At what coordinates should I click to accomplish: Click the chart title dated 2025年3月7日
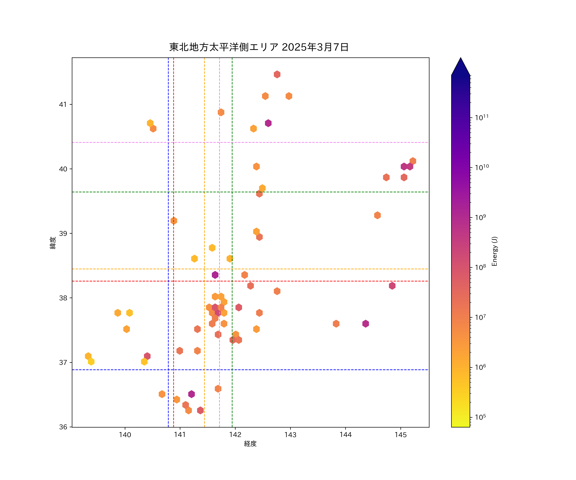[x=259, y=47]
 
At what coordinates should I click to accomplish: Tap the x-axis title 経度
[x=250, y=444]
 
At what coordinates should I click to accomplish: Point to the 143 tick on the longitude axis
[x=290, y=435]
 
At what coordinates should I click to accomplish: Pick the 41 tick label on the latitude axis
[x=63, y=104]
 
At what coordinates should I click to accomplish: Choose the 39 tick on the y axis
[x=63, y=233]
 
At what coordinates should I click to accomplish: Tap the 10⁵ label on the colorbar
[x=480, y=417]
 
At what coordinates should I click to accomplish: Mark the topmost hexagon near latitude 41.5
[x=277, y=74]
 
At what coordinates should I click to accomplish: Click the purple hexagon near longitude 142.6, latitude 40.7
[x=268, y=123]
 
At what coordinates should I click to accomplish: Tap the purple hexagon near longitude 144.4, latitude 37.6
[x=365, y=324]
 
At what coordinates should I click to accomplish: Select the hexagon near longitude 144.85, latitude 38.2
[x=392, y=286]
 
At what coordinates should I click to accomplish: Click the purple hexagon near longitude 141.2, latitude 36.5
[x=192, y=394]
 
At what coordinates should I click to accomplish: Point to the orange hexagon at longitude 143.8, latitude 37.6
[x=336, y=324]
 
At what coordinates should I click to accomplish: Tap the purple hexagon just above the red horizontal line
[x=215, y=275]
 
